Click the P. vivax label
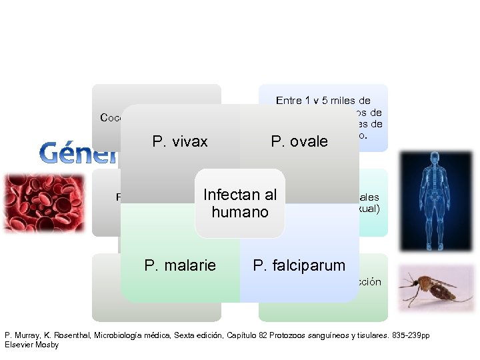pyautogui.click(x=180, y=141)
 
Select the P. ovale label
pyautogui.click(x=299, y=141)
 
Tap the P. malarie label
pyautogui.click(x=180, y=265)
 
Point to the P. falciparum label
pyautogui.click(x=299, y=265)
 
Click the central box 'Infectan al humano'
pyautogui.click(x=240, y=203)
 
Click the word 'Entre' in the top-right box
pyautogui.click(x=289, y=101)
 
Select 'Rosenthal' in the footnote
pyautogui.click(x=77, y=335)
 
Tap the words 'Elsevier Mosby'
pyautogui.click(x=31, y=345)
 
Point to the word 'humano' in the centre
pyautogui.click(x=240, y=212)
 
